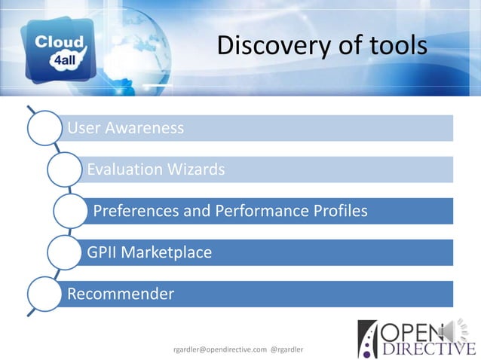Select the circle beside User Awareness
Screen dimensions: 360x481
[45, 129]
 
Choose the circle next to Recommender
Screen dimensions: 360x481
[45, 294]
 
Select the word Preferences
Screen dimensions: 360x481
[133, 211]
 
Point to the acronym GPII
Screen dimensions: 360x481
[102, 252]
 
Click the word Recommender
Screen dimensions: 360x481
[121, 293]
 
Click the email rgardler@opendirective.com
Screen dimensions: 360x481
[220, 349]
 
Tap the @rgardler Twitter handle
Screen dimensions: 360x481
[295, 349]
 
